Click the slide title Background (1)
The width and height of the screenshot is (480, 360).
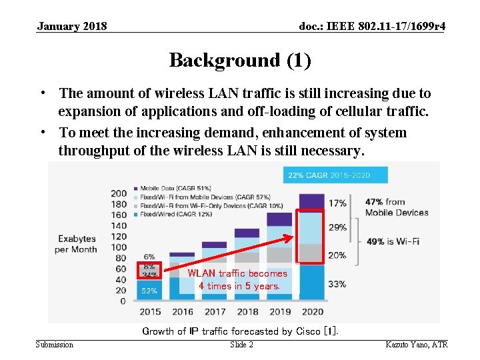pos(239,60)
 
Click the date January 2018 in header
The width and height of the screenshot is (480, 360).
pos(72,26)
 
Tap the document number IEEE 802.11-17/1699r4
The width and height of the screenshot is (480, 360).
pos(373,26)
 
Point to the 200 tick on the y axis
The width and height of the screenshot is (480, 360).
pos(118,194)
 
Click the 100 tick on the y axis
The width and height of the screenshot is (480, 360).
pos(118,247)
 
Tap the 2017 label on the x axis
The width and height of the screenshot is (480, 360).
pos(215,311)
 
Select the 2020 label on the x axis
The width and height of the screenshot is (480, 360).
pos(312,311)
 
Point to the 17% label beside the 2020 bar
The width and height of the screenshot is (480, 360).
pos(337,203)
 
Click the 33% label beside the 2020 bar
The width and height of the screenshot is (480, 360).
pos(337,283)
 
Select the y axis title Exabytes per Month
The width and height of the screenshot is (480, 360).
pos(77,244)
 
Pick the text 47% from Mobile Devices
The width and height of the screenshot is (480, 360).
pos(396,207)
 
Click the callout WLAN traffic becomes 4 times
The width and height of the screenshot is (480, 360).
pos(237,279)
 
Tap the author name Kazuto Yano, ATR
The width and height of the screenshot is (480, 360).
pos(417,345)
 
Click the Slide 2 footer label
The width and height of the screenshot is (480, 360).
pos(241,345)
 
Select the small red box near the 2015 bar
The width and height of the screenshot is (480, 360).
pos(149,271)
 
